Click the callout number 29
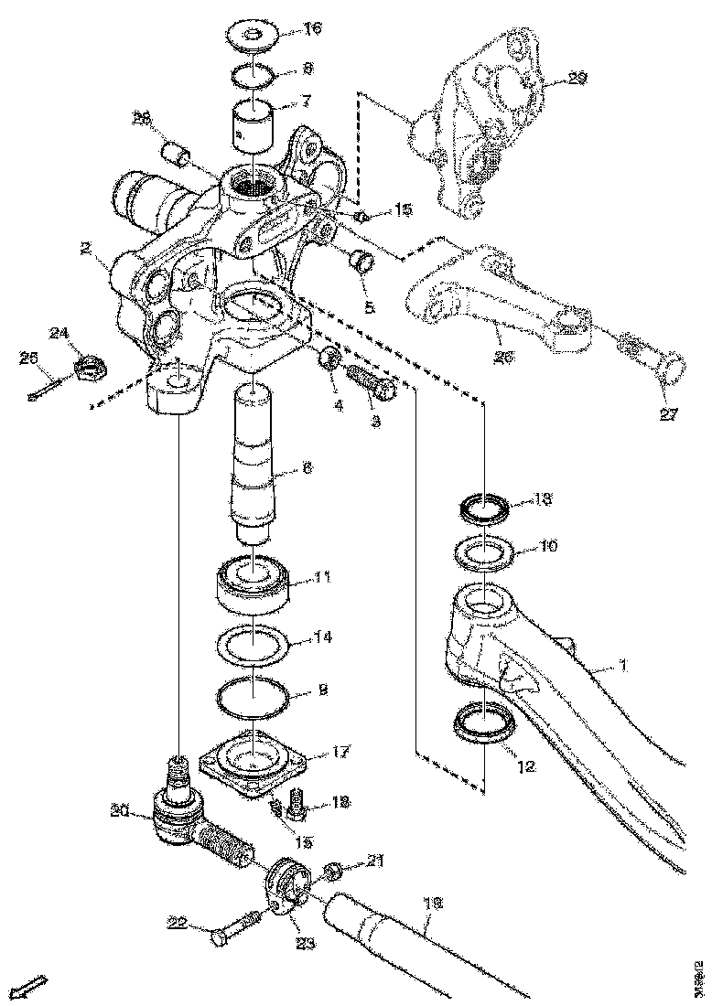coord(576,80)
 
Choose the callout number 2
coord(84,248)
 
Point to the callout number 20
coord(117,809)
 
